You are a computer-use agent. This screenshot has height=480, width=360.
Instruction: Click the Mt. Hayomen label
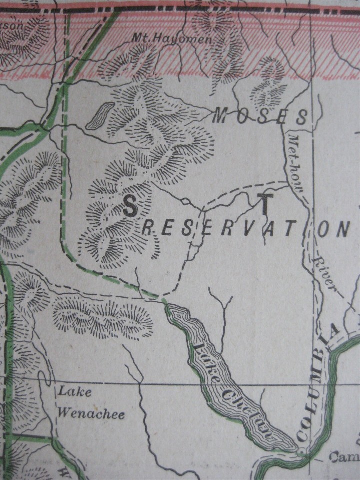pos(165,38)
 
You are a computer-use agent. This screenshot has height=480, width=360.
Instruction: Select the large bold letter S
pos(129,206)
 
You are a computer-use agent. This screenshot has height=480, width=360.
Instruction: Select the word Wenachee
pos(91,413)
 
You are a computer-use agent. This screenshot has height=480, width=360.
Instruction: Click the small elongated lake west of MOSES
pos(99,116)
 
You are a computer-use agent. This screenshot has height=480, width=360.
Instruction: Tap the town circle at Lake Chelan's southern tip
pos(301,452)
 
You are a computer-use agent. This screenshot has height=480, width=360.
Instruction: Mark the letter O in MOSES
pos(237,117)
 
